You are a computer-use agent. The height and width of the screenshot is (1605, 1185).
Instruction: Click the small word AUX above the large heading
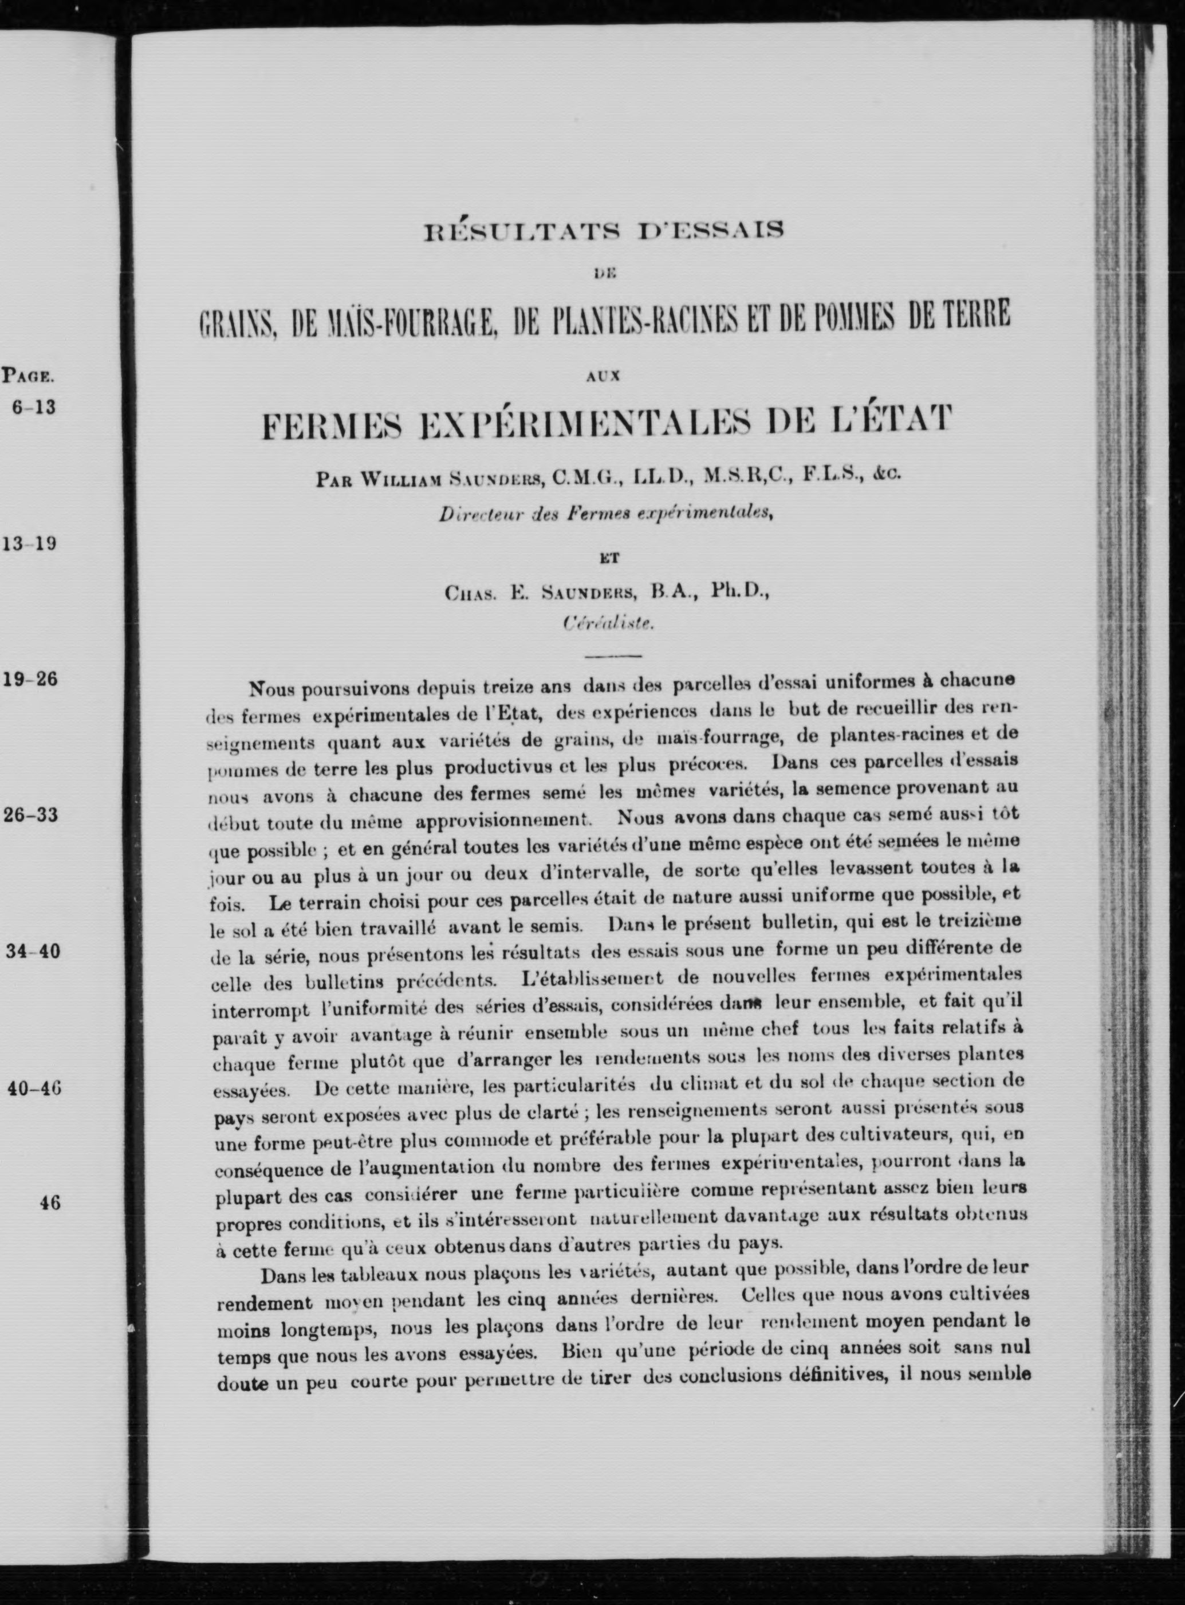[x=603, y=374]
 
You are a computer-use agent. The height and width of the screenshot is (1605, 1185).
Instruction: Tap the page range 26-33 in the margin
[x=31, y=815]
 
